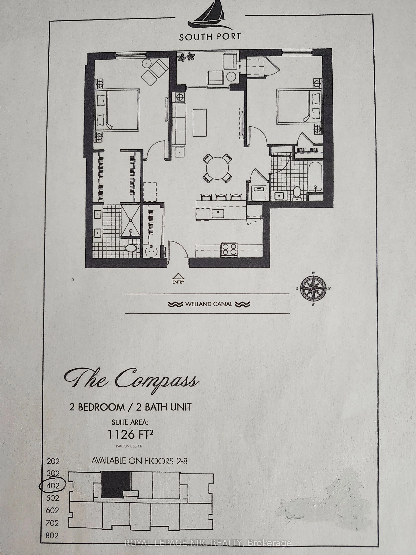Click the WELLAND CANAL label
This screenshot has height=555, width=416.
[209, 304]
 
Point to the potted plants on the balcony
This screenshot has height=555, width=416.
[186, 57]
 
